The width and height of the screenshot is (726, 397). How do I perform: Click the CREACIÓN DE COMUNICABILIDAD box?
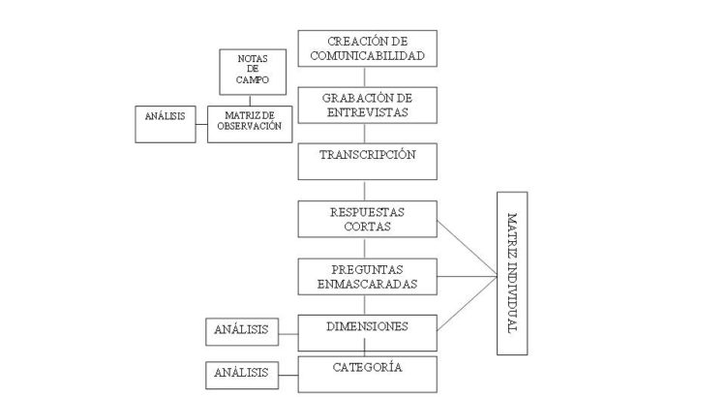click(x=369, y=47)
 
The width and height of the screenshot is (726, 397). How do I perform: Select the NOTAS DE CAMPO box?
click(x=246, y=73)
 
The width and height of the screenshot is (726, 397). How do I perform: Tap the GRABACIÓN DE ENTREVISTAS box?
click(x=369, y=105)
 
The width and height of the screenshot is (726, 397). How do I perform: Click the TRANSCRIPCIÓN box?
click(x=369, y=161)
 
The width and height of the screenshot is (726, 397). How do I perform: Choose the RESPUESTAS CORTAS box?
click(x=369, y=218)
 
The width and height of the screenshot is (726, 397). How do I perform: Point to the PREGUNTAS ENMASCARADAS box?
click(x=369, y=276)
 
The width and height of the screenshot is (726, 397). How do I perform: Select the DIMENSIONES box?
click(x=369, y=330)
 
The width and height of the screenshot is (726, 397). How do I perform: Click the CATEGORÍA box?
click(x=369, y=373)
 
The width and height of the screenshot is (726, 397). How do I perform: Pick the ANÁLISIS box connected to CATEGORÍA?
click(x=238, y=373)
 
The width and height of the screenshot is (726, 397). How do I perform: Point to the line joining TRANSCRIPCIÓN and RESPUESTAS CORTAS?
click(x=369, y=190)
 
